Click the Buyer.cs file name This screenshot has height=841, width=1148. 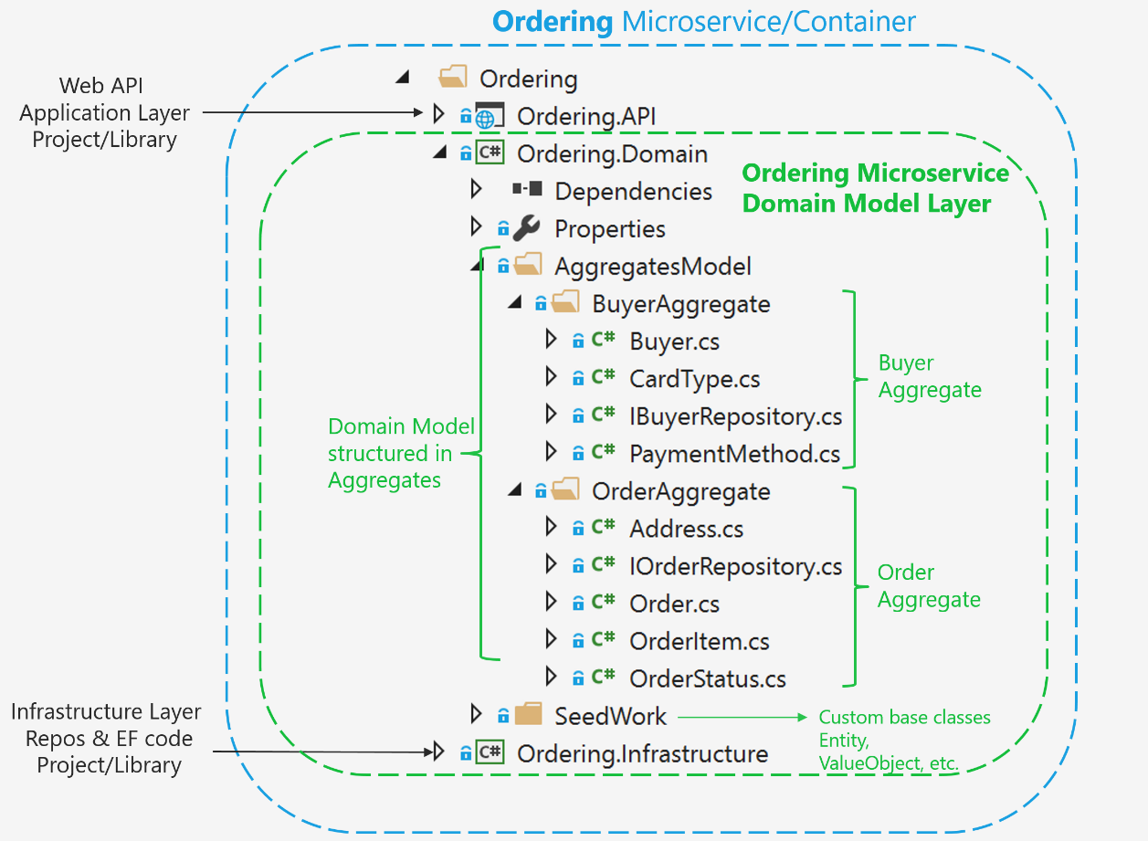(674, 342)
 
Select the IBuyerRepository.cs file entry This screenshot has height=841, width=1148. (735, 416)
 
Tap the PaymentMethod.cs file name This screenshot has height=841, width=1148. (734, 454)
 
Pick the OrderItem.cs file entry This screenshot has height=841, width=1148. (699, 641)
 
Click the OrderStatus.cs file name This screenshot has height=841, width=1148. (707, 678)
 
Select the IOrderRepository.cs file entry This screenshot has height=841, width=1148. (735, 566)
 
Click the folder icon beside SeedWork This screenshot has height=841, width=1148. (529, 715)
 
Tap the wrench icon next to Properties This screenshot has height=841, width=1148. (526, 228)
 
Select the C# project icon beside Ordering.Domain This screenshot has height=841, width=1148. (490, 153)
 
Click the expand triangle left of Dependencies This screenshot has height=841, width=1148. (475, 190)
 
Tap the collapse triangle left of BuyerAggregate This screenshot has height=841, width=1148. (514, 303)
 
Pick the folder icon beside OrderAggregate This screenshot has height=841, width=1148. (565, 490)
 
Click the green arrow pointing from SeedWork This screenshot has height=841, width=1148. (741, 717)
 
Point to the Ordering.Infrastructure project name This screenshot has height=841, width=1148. (642, 753)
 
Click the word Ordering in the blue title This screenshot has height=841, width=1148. (552, 21)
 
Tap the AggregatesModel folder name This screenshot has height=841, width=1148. (652, 266)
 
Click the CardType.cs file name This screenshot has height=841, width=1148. (694, 379)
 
